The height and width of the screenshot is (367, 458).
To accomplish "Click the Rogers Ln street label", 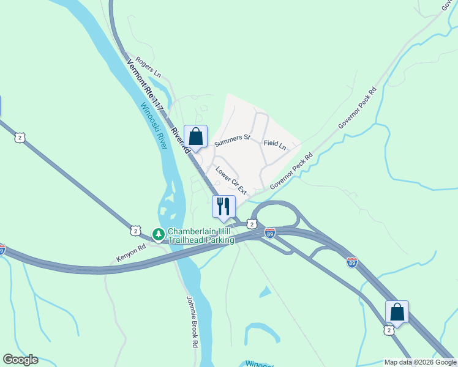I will coord(148,67).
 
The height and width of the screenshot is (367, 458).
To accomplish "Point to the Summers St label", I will coord(233,141).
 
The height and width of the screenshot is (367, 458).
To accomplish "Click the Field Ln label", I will coord(275,144).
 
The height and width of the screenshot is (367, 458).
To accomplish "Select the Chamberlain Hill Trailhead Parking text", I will coord(201,236).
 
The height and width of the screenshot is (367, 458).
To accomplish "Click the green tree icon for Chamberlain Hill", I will coord(158,234).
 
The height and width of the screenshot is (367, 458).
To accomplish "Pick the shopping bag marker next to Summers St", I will coord(195,136).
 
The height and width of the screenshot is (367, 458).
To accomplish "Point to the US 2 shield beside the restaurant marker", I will coord(251,224).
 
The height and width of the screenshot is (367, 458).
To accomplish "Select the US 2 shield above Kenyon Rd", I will coord(135,230).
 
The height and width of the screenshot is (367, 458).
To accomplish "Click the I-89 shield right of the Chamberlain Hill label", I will coord(270,232).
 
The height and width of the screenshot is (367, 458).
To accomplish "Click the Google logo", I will coord(20,360).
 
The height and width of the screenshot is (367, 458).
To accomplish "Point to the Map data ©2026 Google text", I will coord(420,362).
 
